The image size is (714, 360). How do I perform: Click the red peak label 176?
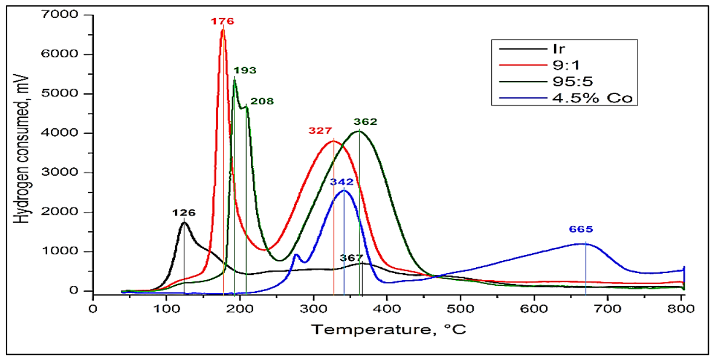pyautogui.click(x=222, y=22)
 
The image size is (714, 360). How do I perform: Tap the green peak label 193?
pyautogui.click(x=245, y=70)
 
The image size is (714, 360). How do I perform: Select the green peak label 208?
pyautogui.click(x=262, y=101)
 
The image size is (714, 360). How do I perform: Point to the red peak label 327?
pyautogui.click(x=320, y=131)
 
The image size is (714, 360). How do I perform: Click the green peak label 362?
pyautogui.click(x=365, y=121)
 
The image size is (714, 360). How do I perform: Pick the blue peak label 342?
pyautogui.click(x=342, y=182)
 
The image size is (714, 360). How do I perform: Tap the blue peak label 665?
pyautogui.click(x=581, y=229)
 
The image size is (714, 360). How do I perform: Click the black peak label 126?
pyautogui.click(x=184, y=213)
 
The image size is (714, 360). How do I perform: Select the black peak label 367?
pyautogui.click(x=351, y=258)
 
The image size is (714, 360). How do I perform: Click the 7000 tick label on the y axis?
pyautogui.click(x=60, y=14)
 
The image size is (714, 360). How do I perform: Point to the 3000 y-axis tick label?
pyautogui.click(x=60, y=172)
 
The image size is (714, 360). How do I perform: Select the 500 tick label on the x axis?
pyautogui.click(x=461, y=309)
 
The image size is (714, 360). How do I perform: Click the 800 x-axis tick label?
pyautogui.click(x=681, y=309)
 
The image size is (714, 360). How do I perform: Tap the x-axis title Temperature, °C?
pyautogui.click(x=388, y=330)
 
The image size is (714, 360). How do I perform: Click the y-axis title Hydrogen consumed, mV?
pyautogui.click(x=21, y=149)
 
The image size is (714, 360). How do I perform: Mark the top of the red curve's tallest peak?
pyautogui.click(x=223, y=30)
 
